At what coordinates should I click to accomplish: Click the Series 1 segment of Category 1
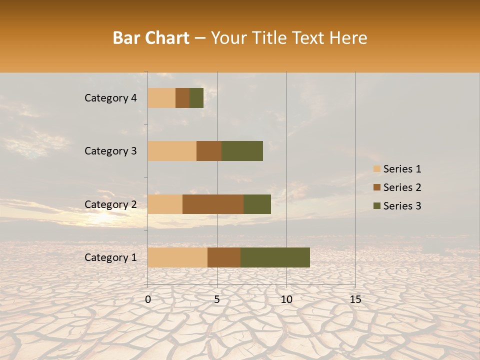point(177,257)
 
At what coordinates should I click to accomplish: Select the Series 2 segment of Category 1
point(224,257)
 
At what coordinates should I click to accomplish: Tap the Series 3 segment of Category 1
point(275,257)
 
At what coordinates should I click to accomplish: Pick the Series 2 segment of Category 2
point(213,204)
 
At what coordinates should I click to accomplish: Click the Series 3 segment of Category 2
point(257,204)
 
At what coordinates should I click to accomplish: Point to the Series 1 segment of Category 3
point(172,151)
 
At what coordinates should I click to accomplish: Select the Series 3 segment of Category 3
point(242,151)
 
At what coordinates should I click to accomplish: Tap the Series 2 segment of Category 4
point(182,98)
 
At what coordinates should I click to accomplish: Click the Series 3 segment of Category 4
point(196,98)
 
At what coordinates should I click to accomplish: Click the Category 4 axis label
point(110,98)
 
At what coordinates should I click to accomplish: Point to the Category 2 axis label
point(110,204)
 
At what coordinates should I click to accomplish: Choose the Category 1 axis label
point(110,257)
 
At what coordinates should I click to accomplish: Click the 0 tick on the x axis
point(148,299)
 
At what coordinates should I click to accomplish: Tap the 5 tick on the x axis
point(217,299)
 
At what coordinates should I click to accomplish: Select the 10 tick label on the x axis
point(286,299)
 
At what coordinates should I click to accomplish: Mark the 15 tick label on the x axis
point(355,299)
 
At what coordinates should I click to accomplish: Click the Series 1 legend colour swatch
point(377,169)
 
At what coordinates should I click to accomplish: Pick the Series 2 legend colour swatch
point(377,187)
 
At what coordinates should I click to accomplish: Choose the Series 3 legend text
point(402,206)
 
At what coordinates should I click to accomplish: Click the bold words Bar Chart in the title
point(150,38)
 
